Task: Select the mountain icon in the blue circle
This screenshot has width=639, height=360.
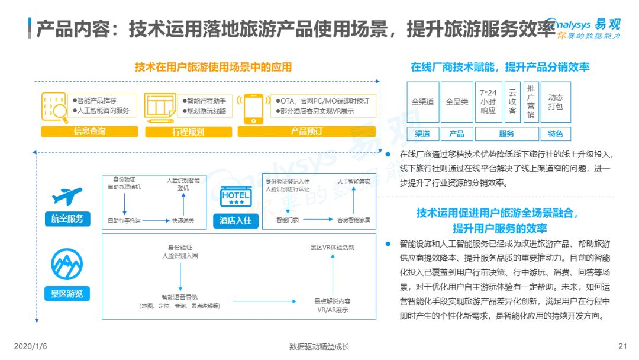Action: click(x=67, y=264)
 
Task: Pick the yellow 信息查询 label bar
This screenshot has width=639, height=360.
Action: click(x=90, y=131)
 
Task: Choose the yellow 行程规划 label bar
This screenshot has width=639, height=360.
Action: click(x=188, y=131)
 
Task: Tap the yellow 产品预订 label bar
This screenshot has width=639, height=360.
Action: click(x=306, y=131)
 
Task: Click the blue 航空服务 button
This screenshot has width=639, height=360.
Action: click(x=67, y=219)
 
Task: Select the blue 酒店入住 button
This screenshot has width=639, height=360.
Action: click(x=235, y=221)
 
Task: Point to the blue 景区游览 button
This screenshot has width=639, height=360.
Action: click(x=67, y=294)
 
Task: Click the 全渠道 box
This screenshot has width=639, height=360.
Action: click(x=423, y=102)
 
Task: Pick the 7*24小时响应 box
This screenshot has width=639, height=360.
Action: click(x=488, y=102)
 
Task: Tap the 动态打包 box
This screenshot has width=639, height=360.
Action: click(x=556, y=102)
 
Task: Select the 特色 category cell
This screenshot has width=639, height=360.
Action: click(x=556, y=134)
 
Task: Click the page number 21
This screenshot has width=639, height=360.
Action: click(x=622, y=346)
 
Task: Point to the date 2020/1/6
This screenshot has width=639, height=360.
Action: click(x=31, y=346)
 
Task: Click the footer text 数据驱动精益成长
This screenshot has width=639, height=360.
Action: click(x=319, y=346)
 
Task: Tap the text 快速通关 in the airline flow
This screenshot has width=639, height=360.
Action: click(x=183, y=221)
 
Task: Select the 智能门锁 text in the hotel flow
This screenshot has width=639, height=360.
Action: click(x=288, y=220)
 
